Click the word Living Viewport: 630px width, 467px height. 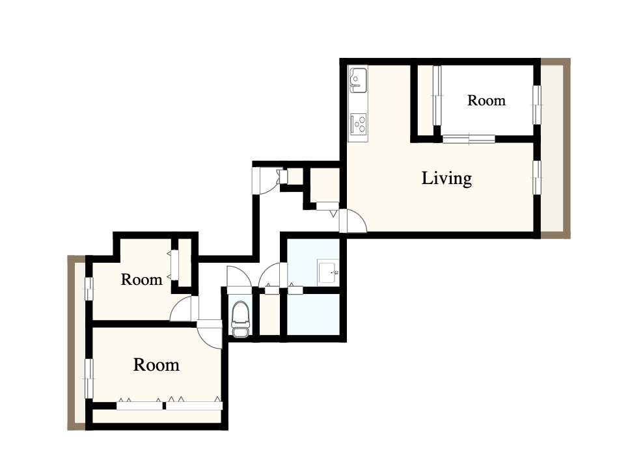[x=446, y=178]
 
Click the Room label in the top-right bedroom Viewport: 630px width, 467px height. [x=486, y=100]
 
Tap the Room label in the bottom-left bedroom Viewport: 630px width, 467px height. [x=156, y=365]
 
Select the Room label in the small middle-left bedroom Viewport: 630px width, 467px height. [x=141, y=280]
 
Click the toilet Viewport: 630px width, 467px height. [x=240, y=319]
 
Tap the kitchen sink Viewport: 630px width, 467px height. [x=357, y=77]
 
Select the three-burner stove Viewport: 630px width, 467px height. [x=359, y=124]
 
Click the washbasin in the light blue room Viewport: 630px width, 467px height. [x=328, y=273]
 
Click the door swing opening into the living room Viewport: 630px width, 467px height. [x=353, y=221]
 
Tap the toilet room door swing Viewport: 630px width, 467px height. [x=239, y=276]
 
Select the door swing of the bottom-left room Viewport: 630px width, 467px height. [x=210, y=334]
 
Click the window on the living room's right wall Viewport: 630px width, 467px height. [x=537, y=177]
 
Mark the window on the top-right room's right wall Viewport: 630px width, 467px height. [x=537, y=105]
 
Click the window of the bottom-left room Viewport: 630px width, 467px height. [x=89, y=379]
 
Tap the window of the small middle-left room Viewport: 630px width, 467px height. [x=89, y=289]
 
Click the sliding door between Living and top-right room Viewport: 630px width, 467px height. [x=469, y=139]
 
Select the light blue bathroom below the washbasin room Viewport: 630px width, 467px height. [x=314, y=314]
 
